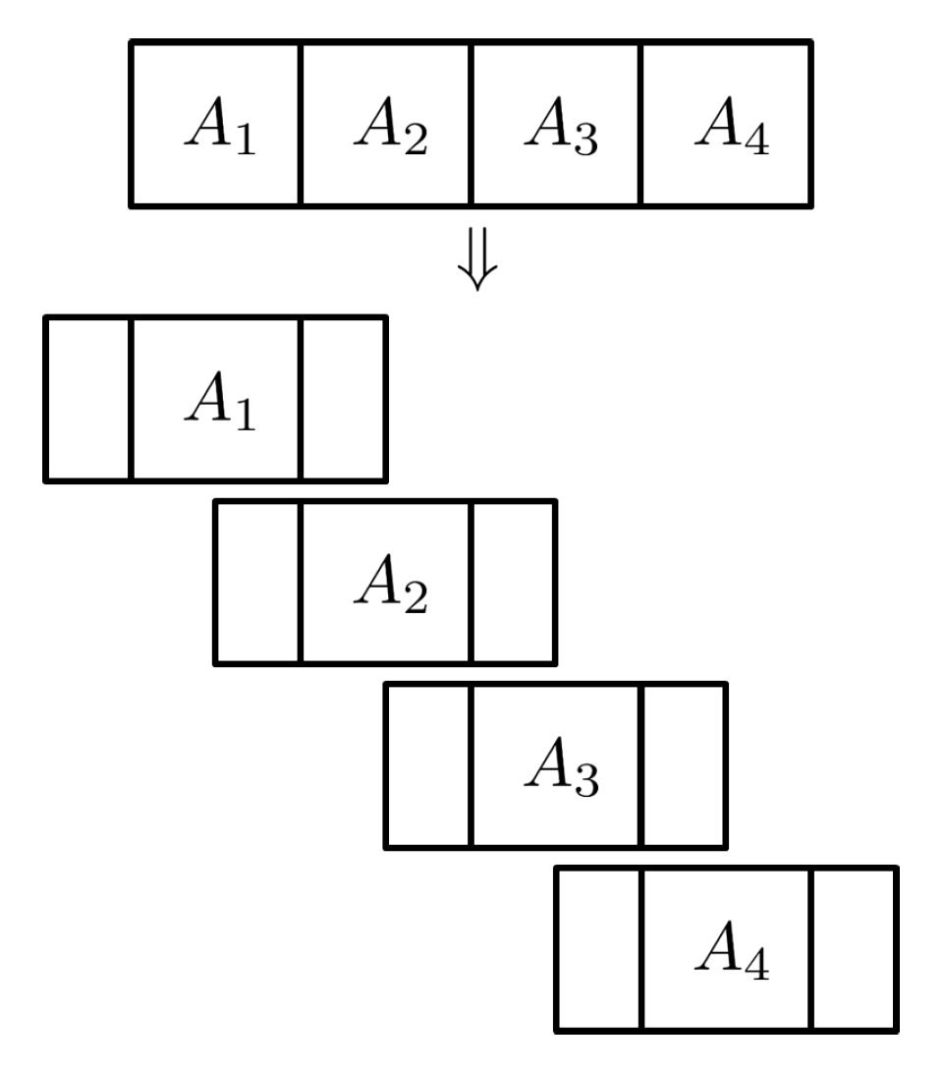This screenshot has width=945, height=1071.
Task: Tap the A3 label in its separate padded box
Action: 560,769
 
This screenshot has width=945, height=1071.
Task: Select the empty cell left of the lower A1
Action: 88,399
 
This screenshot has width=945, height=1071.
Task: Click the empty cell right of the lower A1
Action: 344,399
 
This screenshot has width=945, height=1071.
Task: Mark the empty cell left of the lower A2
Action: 258,583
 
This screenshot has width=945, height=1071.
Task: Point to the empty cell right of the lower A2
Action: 514,583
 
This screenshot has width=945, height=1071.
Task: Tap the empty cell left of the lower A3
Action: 428,766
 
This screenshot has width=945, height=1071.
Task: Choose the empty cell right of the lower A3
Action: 684,766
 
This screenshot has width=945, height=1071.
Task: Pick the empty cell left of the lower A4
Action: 599,949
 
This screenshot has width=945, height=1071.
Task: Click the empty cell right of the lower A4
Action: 854,949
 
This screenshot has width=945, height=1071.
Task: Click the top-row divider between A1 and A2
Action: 301,124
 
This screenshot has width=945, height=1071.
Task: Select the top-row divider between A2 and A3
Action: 472,124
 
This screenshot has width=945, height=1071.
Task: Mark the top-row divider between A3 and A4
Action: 641,124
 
